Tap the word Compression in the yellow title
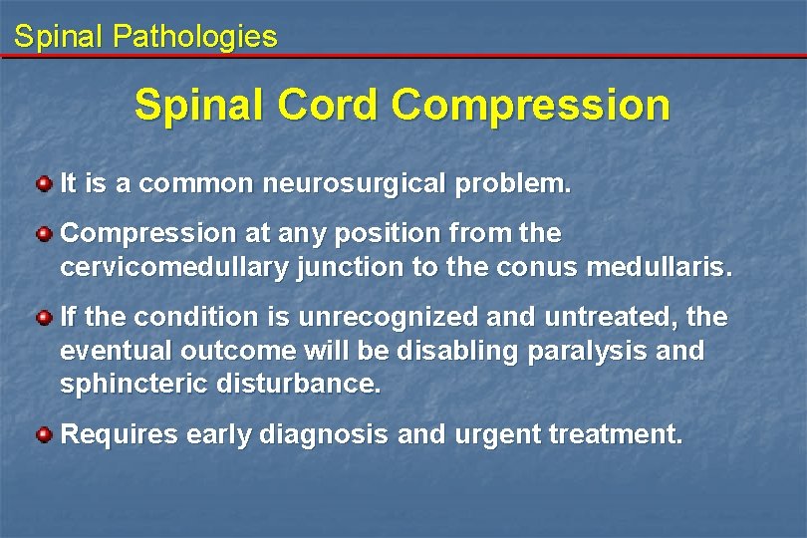[531, 106]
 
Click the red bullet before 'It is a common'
[44, 184]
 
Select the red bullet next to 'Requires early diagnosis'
[44, 435]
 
